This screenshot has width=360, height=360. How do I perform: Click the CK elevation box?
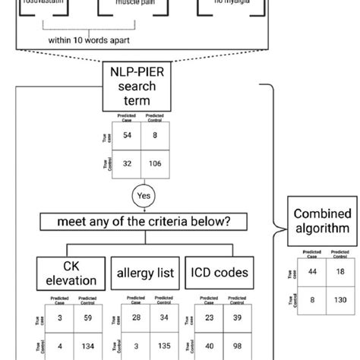(62, 273)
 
